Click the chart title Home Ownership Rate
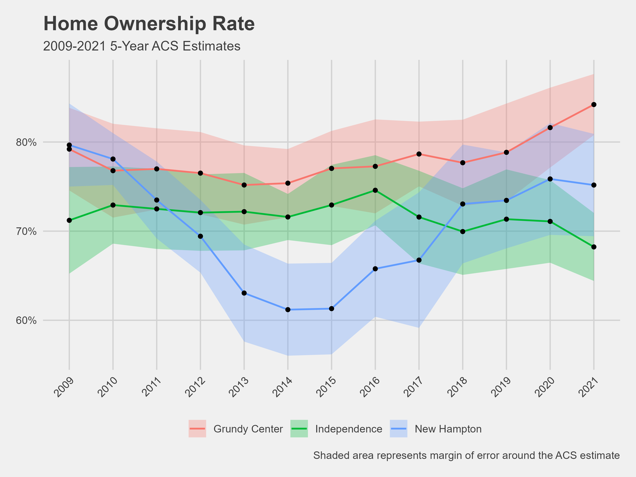(x=149, y=24)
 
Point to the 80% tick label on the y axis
(x=26, y=142)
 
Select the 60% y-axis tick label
(x=26, y=321)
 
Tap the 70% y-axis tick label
(x=26, y=232)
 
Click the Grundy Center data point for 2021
(x=594, y=104)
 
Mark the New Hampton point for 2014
(x=288, y=310)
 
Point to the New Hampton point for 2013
(x=244, y=293)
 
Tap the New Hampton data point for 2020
(x=550, y=179)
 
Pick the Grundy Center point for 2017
(x=419, y=154)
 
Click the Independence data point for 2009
(x=69, y=220)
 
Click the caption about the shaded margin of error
(x=466, y=456)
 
